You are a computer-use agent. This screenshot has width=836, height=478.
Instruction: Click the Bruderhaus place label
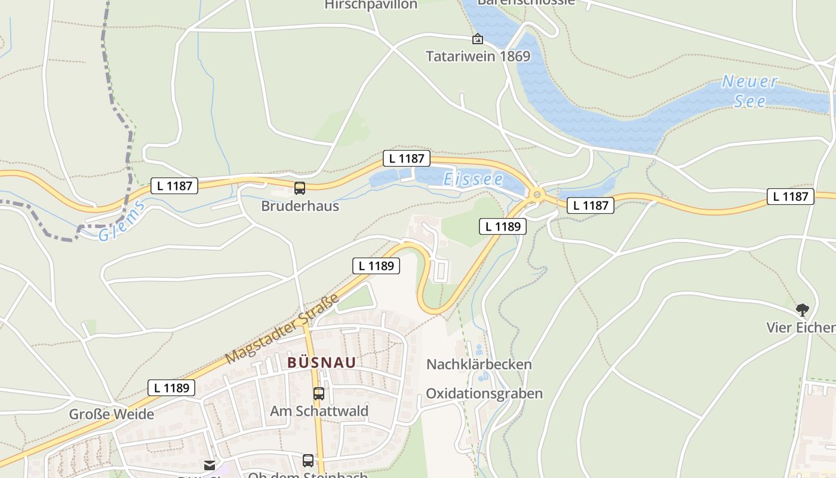(300, 206)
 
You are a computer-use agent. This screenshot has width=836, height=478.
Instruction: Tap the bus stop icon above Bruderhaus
(300, 188)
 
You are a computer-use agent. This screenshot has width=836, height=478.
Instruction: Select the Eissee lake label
(473, 179)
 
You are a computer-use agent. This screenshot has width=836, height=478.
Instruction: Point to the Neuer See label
(749, 91)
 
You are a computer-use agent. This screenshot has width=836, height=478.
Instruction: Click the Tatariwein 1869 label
(478, 57)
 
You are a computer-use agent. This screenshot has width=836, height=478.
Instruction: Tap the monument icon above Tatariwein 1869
(478, 39)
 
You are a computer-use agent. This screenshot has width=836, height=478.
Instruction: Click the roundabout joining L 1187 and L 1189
(537, 194)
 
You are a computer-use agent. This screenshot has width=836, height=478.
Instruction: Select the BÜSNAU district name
(321, 363)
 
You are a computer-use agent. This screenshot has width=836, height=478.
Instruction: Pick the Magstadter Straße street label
(282, 329)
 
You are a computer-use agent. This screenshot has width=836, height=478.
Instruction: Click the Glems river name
(122, 222)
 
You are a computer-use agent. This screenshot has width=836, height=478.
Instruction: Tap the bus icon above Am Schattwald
(319, 394)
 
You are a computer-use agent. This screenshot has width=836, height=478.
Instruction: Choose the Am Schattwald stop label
(319, 411)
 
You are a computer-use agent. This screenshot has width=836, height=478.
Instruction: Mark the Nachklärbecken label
(479, 364)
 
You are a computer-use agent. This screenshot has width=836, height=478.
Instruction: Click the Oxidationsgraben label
(484, 393)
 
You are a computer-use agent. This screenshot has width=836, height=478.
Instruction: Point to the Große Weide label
(111, 414)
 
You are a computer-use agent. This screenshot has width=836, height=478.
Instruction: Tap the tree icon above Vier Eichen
(802, 310)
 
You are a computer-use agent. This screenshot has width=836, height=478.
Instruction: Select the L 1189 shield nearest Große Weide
(171, 388)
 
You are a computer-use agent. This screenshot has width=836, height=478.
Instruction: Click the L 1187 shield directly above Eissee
(406, 158)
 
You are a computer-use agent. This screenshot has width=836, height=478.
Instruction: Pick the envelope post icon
(210, 465)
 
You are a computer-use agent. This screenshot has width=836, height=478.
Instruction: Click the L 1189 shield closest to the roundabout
(503, 226)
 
